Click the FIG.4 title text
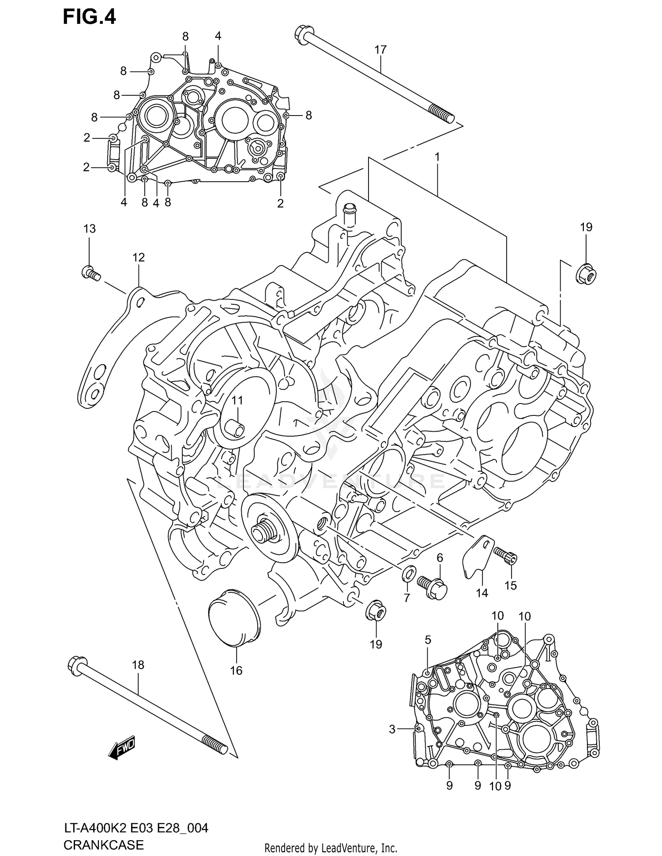pos(89,17)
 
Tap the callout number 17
pos(380,50)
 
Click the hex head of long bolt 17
pos(302,35)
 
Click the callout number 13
pos(90,229)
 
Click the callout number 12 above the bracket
pos(139,258)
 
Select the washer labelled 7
pos(409,574)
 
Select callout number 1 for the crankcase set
pos(437,157)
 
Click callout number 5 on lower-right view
pos(428,640)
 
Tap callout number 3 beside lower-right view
pos(392,729)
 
